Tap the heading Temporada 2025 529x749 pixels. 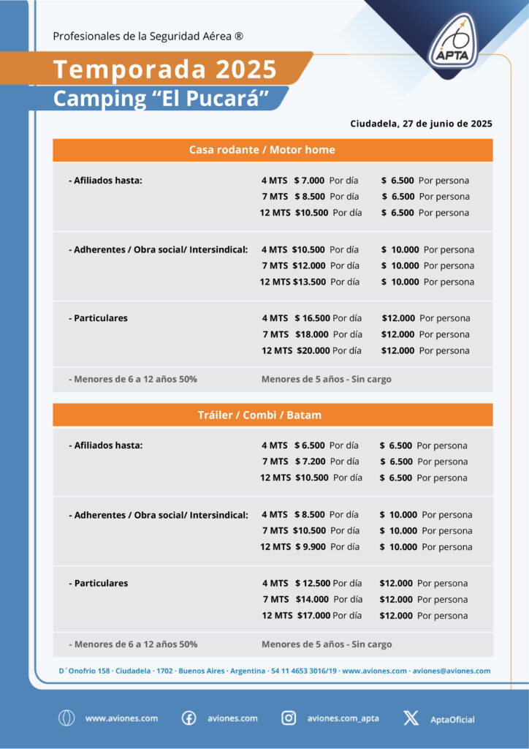[x=165, y=69]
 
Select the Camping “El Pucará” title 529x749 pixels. [x=161, y=98]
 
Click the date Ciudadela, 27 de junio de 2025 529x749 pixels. [x=421, y=124]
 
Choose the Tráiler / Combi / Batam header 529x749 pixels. [x=259, y=415]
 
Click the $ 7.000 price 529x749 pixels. [x=309, y=181]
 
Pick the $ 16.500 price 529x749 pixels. [x=313, y=318]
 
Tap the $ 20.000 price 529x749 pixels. [x=313, y=350]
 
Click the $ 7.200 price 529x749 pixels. [x=309, y=462]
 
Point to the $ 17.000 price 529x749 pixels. [x=313, y=615]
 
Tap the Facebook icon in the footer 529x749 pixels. [x=189, y=718]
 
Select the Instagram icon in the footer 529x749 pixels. [x=289, y=718]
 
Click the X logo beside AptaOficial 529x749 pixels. [x=411, y=718]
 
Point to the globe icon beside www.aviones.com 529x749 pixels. [x=66, y=718]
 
